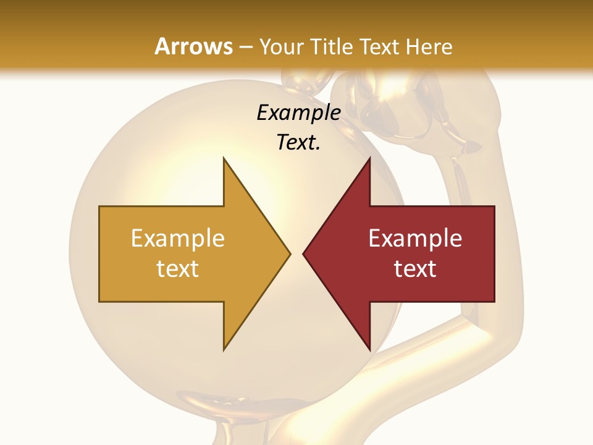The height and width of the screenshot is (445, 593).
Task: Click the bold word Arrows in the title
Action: coord(194,46)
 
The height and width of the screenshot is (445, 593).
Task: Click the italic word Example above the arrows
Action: coord(298,112)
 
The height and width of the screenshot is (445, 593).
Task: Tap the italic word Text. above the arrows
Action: coord(298,142)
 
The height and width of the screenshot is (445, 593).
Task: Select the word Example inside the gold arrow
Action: coord(178,239)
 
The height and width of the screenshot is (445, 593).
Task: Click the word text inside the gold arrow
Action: coord(178,269)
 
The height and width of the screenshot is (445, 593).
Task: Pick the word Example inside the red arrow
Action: coord(415,239)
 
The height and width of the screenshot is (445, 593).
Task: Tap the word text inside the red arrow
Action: coord(415,269)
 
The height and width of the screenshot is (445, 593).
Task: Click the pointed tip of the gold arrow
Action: coord(290,253)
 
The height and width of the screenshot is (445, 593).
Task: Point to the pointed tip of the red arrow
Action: coord(303,253)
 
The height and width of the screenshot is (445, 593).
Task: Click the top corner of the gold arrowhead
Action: coord(224,158)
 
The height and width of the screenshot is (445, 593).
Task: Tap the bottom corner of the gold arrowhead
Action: coord(224,350)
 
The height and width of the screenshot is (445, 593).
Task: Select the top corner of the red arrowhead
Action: coord(369,158)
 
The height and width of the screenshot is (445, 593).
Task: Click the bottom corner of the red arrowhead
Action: coord(369,350)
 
